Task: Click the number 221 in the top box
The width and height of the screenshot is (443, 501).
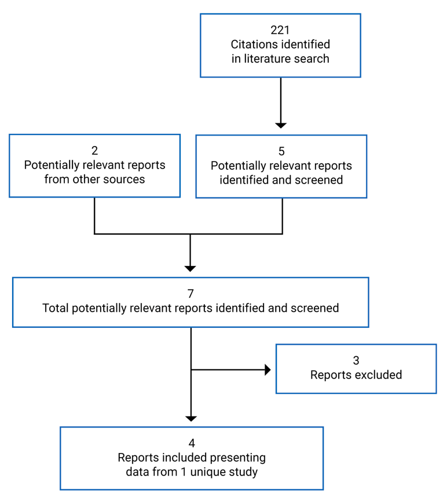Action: click(280, 30)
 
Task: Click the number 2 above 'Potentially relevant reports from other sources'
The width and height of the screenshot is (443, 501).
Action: click(94, 151)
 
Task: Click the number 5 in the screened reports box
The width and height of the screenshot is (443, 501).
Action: click(281, 151)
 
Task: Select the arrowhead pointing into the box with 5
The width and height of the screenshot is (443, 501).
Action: click(281, 125)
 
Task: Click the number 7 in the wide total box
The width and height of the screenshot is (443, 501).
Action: click(191, 294)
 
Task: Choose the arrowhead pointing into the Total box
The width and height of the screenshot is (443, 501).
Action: click(191, 268)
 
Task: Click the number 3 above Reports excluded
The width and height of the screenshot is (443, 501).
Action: click(356, 361)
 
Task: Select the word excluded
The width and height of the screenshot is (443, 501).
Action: click(378, 375)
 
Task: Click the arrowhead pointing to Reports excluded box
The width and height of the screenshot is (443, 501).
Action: click(268, 370)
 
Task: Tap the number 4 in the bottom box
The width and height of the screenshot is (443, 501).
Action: click(192, 444)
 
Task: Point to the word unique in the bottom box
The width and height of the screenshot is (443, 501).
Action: click(214, 472)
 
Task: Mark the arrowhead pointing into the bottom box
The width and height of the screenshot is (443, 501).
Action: click(191, 418)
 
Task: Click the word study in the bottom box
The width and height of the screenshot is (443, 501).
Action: click(245, 472)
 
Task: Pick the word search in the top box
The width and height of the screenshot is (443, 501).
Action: click(313, 58)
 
